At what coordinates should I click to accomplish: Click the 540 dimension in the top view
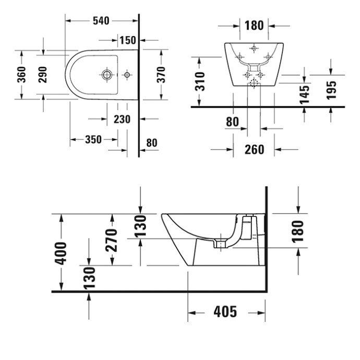pos(100,21)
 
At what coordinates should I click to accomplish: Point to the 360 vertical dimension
pos(21,75)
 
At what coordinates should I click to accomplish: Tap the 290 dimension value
pos(43,75)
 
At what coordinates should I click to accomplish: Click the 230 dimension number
pos(122,119)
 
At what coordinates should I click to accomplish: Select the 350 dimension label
pos(93,140)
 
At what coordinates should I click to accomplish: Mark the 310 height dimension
pos(200,81)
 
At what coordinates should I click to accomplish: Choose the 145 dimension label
pos(305,94)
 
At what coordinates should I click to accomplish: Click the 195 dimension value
pos(330,90)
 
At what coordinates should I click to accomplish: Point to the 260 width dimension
pos(254,150)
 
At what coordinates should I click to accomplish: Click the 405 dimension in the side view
pos(225,312)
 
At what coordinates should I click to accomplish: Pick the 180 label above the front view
pos(254,25)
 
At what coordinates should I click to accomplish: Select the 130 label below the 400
pos(89,277)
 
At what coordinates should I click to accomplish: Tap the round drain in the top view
pos(107,75)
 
